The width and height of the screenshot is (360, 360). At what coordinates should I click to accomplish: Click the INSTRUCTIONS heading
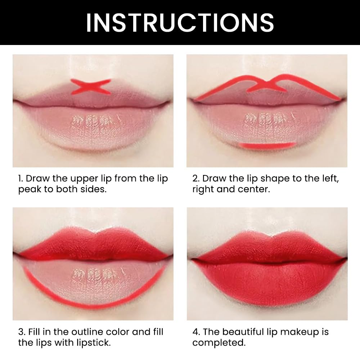[180, 22]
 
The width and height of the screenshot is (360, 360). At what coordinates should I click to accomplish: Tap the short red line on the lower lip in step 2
[267, 145]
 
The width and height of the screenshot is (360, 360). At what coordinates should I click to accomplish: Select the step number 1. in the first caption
[21, 179]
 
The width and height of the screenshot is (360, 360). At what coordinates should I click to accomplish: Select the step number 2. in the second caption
[196, 179]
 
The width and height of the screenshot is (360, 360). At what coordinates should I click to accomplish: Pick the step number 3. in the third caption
[22, 332]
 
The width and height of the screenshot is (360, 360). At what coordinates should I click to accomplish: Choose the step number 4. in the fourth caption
[196, 332]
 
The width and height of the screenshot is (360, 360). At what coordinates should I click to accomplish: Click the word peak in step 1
[30, 190]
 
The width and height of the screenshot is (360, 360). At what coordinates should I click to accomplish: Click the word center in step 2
[255, 189]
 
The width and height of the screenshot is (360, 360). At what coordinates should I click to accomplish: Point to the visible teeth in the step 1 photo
[90, 121]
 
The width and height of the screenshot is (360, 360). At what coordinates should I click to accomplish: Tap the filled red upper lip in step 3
[90, 245]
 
